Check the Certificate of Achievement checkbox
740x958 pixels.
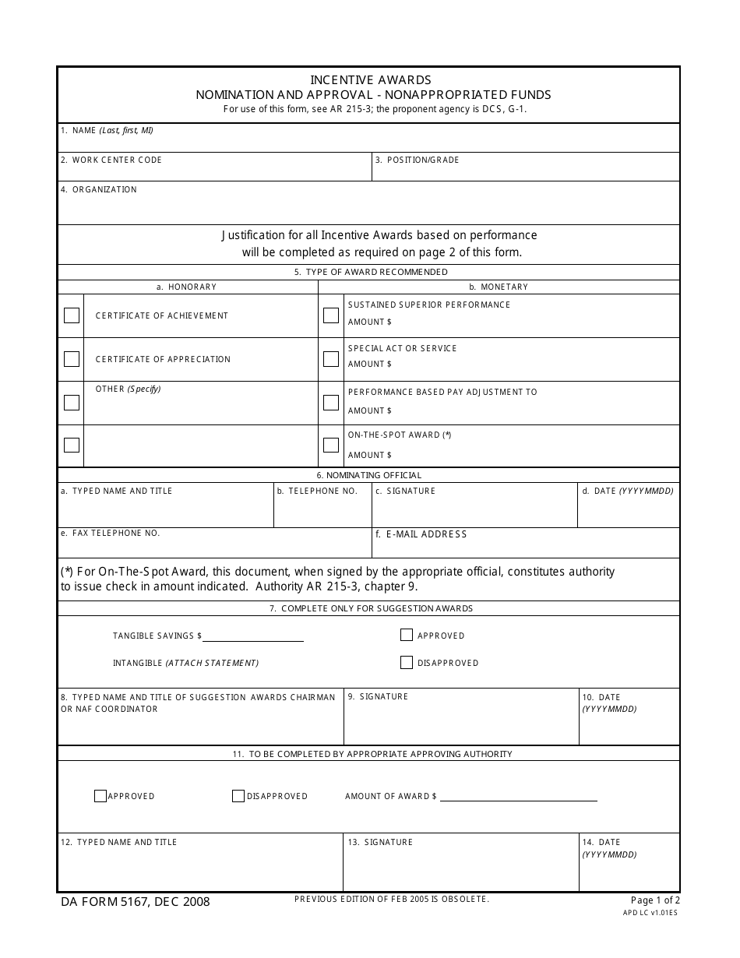pos(72,315)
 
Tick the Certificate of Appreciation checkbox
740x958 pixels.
pos(72,359)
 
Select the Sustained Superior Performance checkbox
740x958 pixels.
pos(331,315)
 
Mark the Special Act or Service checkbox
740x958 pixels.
pos(331,359)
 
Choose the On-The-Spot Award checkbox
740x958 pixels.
pos(331,446)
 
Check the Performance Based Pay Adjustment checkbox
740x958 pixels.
pos(331,403)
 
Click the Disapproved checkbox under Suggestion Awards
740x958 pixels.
pos(406,663)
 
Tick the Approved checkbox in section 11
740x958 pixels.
pos(100,796)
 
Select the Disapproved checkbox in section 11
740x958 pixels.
pos(238,796)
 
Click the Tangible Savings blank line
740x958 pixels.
pos(253,636)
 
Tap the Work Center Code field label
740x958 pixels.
pos(111,160)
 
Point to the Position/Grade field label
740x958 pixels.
pos(418,160)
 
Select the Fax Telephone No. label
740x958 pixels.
pos(110,534)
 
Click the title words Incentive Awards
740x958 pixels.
pos(371,80)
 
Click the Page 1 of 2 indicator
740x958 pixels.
pos(655,900)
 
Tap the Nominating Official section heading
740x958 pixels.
pos(369,475)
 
